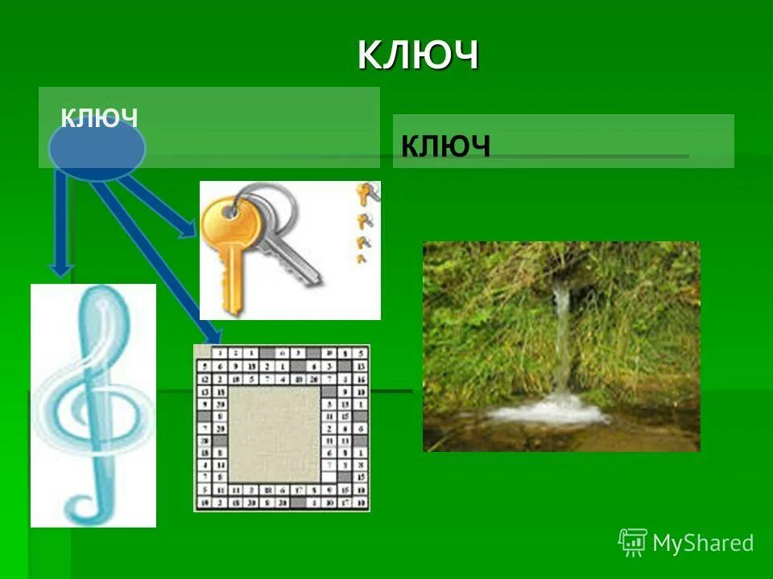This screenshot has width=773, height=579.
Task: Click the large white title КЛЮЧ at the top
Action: [418, 55]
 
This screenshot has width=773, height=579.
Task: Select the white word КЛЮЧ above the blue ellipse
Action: [99, 118]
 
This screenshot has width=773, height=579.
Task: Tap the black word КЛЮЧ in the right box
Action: [445, 146]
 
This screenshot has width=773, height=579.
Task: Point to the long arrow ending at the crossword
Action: [153, 257]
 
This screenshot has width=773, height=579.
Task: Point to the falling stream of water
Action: [561, 338]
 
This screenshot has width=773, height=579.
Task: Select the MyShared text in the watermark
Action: [703, 544]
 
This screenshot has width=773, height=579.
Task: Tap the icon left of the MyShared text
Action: [633, 543]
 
